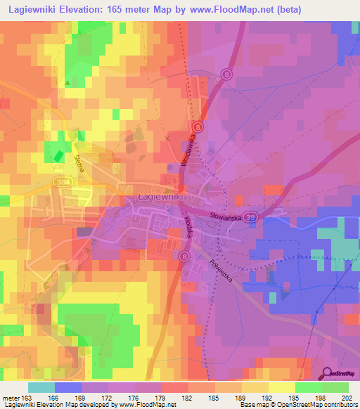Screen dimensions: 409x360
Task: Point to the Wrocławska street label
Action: coord(187,148)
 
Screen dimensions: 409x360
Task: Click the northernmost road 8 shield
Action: coord(226,74)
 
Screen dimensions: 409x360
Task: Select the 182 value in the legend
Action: coord(187,397)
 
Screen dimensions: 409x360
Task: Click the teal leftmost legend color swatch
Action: coord(41,387)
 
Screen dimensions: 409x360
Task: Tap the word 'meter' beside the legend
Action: coord(12,397)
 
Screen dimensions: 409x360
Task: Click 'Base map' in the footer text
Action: coord(253,405)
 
